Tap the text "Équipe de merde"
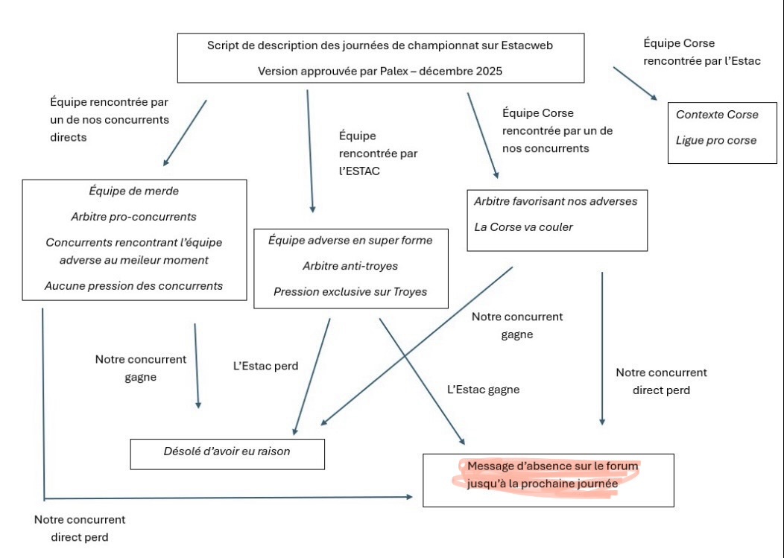[x=134, y=191]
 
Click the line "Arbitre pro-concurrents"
[x=134, y=217]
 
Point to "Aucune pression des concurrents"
[x=134, y=285]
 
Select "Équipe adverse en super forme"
[x=350, y=241]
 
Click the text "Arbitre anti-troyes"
[x=350, y=266]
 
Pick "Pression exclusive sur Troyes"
[x=350, y=291]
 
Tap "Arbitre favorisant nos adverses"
[x=556, y=201]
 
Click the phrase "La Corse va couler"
[x=524, y=226]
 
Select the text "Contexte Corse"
[x=717, y=115]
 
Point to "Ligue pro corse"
[x=716, y=140]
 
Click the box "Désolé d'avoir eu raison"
[x=227, y=451]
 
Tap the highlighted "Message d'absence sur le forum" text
[x=553, y=466]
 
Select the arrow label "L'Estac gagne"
[x=484, y=389]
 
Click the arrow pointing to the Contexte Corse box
[x=635, y=83]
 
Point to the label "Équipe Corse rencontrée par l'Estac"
[x=701, y=52]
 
